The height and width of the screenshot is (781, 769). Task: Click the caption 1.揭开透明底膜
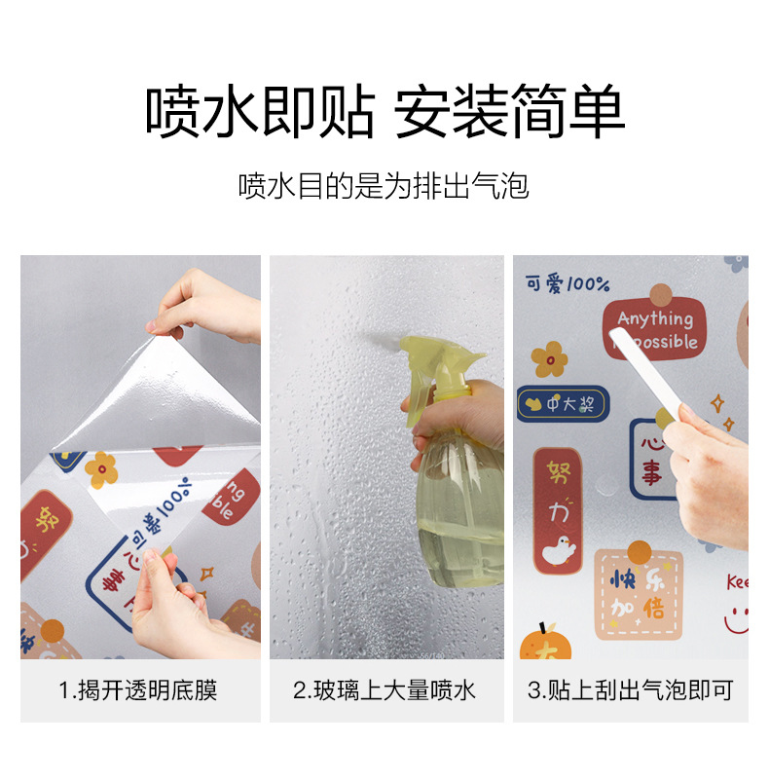tap(139, 691)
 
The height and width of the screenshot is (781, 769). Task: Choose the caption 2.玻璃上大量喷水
tap(385, 691)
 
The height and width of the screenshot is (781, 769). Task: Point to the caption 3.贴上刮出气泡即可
tap(630, 691)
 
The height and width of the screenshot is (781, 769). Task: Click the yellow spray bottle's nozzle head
tap(428, 360)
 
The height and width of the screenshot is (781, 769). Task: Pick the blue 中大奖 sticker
tap(562, 403)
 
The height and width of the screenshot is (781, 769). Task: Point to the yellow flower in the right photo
tap(550, 358)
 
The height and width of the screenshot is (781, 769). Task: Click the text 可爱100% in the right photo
tap(568, 284)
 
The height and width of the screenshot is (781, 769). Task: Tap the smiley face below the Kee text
tap(737, 619)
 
